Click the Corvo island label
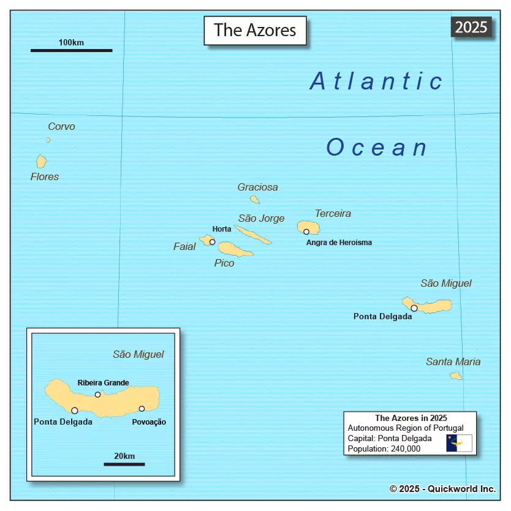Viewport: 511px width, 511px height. pos(61,127)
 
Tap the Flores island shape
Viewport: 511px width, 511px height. pos(41,161)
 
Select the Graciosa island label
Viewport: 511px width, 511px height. pos(257,187)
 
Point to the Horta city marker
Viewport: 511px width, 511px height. pos(213,242)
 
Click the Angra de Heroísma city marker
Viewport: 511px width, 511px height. pos(306,232)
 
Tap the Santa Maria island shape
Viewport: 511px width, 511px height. pos(456,376)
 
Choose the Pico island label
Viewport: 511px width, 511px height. pos(224,263)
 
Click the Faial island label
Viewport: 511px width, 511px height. pos(184,246)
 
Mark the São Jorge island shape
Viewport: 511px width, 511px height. pos(252,234)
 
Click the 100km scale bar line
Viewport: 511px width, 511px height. pos(71,50)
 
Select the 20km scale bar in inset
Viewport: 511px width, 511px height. pos(124,464)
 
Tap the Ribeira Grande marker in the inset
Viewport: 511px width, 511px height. pos(97,395)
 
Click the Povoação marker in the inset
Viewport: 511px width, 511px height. pos(142,409)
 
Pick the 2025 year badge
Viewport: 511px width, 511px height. pos(471,27)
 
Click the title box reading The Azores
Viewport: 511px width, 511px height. pos(255,30)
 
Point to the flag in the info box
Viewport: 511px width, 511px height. pos(459,442)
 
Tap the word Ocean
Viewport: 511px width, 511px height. pos(377,148)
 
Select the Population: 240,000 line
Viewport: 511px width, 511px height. pos(384,449)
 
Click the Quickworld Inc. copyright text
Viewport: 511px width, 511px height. pos(442,488)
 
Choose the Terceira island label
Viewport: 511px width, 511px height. pos(333,214)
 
